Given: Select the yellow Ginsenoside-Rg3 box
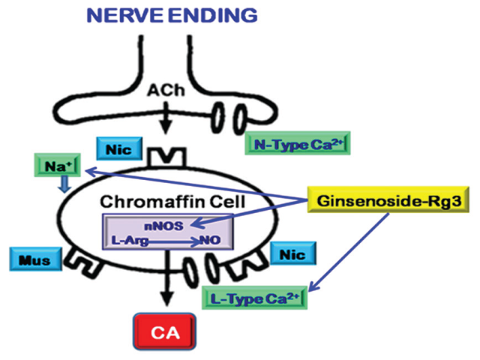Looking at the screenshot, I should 358,201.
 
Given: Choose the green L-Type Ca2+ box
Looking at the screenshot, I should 255,296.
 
